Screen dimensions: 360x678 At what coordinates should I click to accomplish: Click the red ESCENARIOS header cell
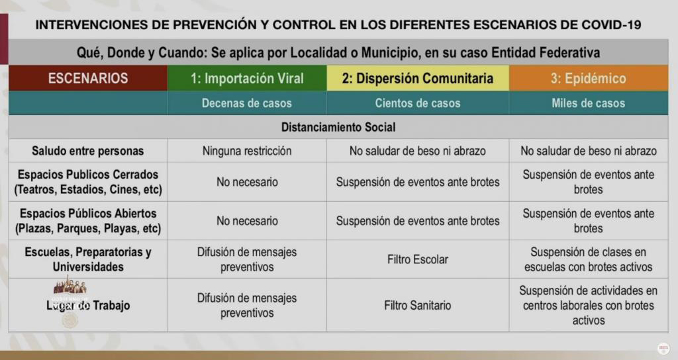tap(88, 78)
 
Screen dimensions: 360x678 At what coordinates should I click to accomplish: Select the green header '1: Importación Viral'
tap(247, 78)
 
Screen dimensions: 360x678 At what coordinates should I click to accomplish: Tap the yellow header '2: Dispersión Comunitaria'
tap(417, 78)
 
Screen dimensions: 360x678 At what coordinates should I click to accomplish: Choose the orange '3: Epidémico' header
tap(588, 78)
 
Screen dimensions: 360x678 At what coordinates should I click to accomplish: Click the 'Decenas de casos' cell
tap(247, 103)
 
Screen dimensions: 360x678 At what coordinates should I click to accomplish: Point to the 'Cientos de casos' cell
tap(417, 103)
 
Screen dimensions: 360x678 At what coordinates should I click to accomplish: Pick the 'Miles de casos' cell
tap(588, 103)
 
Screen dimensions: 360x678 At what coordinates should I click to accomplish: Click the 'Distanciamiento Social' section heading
tap(338, 126)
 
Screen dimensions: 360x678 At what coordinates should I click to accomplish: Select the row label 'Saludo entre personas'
tap(88, 151)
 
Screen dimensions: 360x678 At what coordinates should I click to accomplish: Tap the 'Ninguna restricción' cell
tap(247, 151)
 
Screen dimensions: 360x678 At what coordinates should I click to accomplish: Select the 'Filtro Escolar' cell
tap(417, 259)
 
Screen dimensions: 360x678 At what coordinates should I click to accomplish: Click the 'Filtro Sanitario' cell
tap(417, 305)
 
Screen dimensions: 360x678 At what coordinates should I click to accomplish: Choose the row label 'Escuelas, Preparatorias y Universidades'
tap(88, 259)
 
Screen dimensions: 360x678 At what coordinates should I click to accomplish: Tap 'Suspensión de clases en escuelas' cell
tap(588, 259)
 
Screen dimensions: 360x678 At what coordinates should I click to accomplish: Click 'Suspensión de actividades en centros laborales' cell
tap(588, 305)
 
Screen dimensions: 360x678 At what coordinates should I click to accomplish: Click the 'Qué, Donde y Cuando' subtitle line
tap(338, 52)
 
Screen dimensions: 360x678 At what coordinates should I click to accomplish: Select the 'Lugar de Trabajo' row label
tap(88, 305)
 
